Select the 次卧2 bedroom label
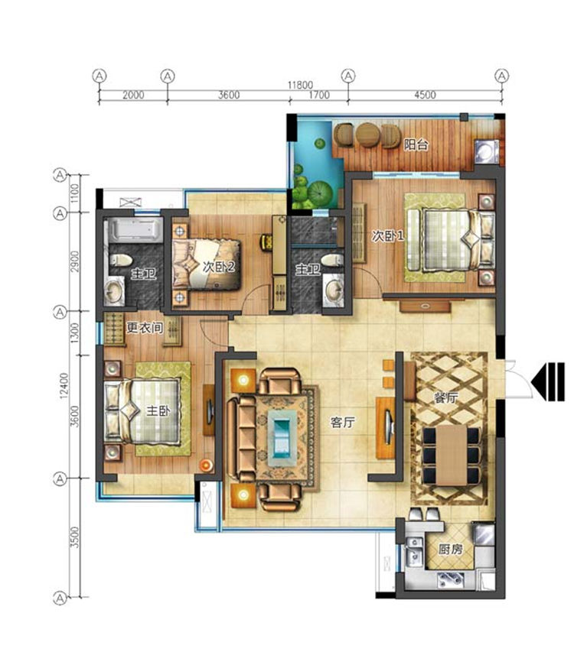point(218,267)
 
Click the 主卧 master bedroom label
point(157,410)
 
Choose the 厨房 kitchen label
point(449,549)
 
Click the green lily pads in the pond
point(312,191)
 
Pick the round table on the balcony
point(368,135)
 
